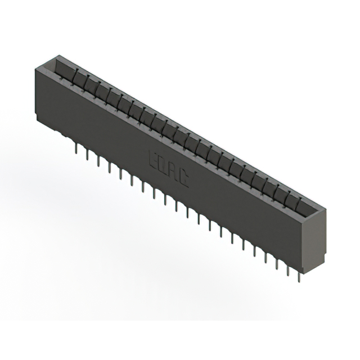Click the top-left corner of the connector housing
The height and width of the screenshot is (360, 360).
pos(36,66)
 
